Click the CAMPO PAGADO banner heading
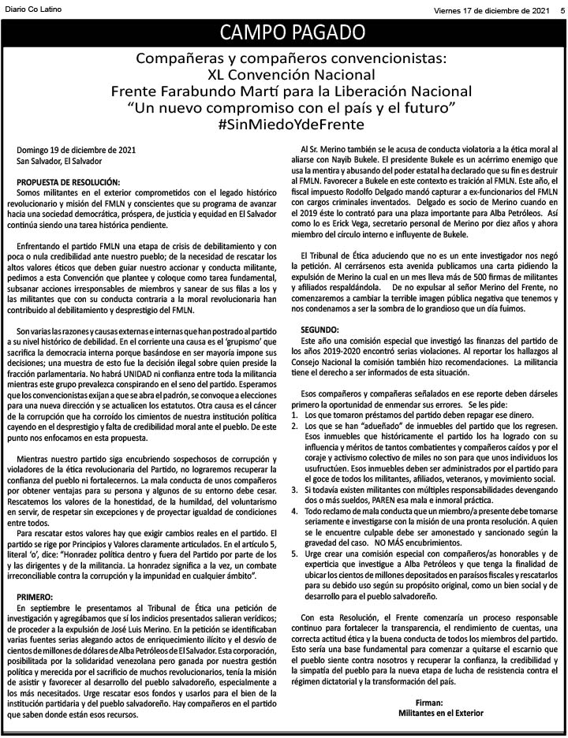point(292,32)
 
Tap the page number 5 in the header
point(561,9)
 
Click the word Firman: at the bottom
point(429,701)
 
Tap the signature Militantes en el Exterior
point(429,712)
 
